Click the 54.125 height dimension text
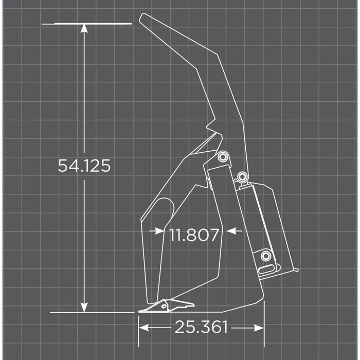tap(84, 166)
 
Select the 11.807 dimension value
tap(194, 235)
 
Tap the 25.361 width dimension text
tap(201, 327)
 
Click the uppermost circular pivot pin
tap(222, 157)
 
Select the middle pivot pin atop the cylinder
tap(242, 177)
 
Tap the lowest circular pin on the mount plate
tap(265, 256)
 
